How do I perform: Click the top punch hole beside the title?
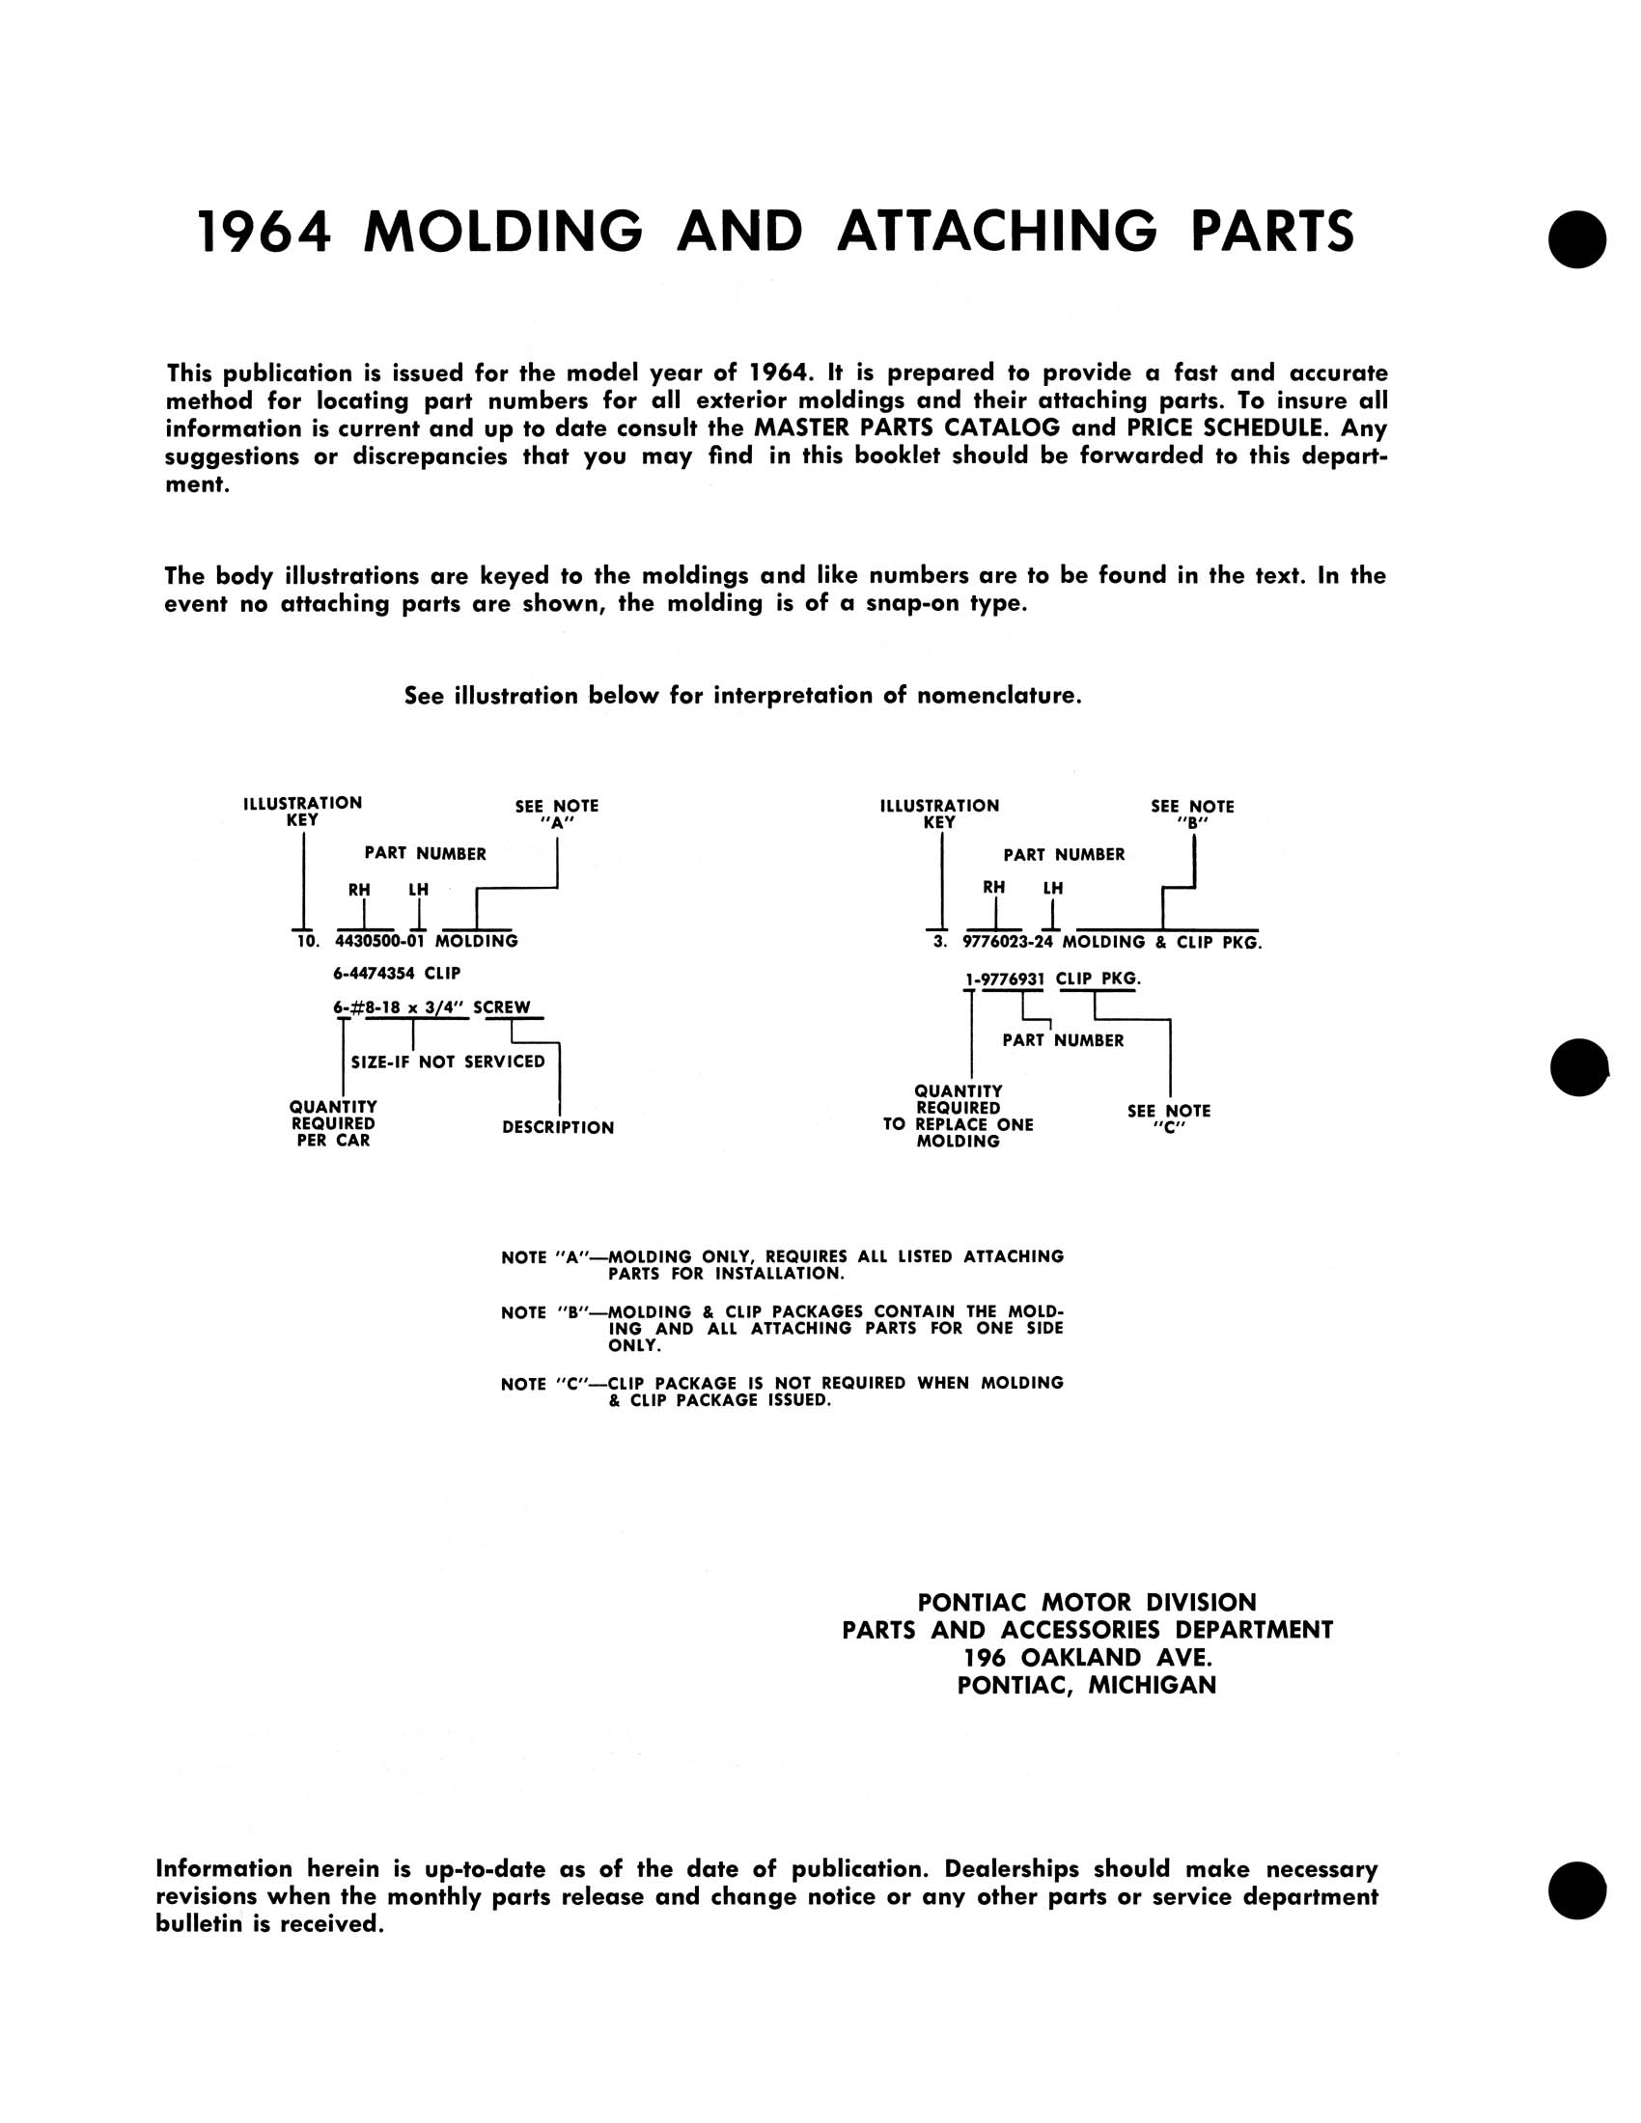(1578, 239)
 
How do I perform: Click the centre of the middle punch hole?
(1579, 1067)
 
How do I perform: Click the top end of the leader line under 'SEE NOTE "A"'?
(557, 839)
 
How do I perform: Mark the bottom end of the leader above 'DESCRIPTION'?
(559, 1115)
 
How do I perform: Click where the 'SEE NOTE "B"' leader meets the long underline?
(1163, 929)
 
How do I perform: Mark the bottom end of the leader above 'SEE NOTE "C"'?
(1170, 1097)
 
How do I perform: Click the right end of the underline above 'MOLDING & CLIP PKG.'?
(1259, 929)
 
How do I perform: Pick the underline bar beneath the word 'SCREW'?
(515, 1018)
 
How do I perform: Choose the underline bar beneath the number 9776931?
(1012, 989)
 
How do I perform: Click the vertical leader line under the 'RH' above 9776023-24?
(995, 913)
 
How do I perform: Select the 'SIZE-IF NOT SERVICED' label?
(448, 1061)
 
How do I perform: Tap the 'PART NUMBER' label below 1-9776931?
(1064, 1040)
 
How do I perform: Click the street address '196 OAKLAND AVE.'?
(1088, 1657)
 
